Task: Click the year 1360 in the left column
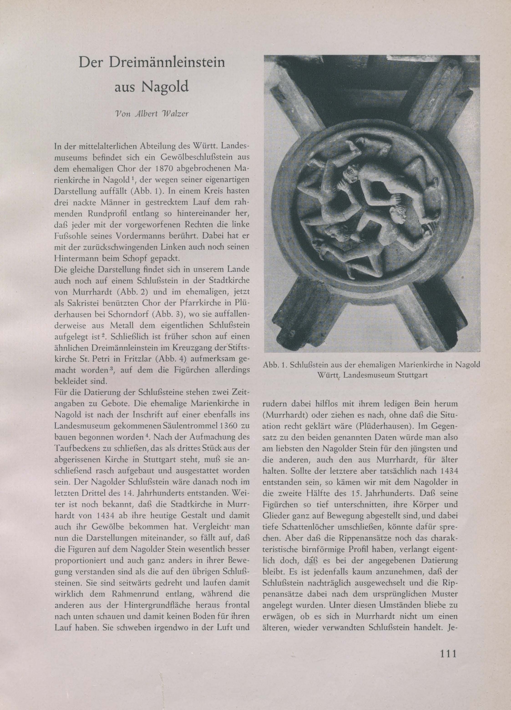click(224, 426)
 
